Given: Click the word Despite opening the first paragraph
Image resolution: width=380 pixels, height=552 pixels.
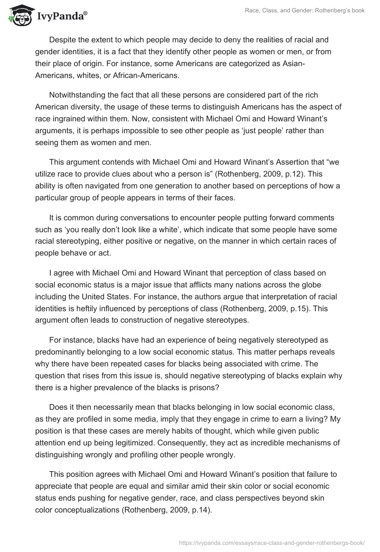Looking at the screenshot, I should click(x=63, y=40).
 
